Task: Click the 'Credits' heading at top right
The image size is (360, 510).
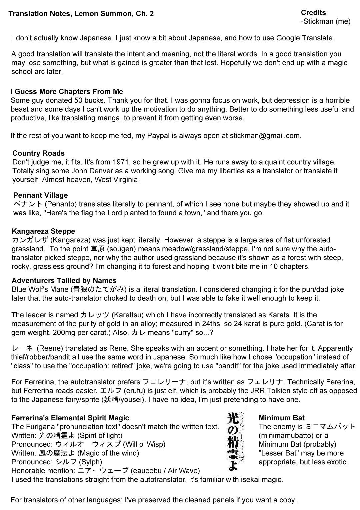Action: pyautogui.click(x=313, y=13)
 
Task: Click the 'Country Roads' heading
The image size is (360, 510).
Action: pyautogui.click(x=38, y=153)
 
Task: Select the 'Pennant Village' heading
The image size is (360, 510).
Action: pyautogui.click(x=40, y=195)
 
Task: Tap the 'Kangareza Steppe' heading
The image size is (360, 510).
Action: pyautogui.click(x=43, y=231)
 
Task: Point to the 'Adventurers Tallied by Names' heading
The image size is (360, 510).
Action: pyautogui.click(x=64, y=281)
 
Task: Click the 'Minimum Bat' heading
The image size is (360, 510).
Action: pyautogui.click(x=281, y=418)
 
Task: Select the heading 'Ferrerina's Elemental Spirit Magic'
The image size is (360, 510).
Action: pyautogui.click(x=70, y=418)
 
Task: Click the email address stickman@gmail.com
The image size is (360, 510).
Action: pyautogui.click(x=265, y=136)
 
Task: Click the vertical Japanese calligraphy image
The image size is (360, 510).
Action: pyautogui.click(x=236, y=440)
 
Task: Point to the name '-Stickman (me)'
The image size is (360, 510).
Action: pyautogui.click(x=325, y=22)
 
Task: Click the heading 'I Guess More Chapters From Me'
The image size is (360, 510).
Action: pyautogui.click(x=67, y=92)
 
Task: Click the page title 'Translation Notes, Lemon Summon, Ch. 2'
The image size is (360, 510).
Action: pyautogui.click(x=81, y=14)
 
